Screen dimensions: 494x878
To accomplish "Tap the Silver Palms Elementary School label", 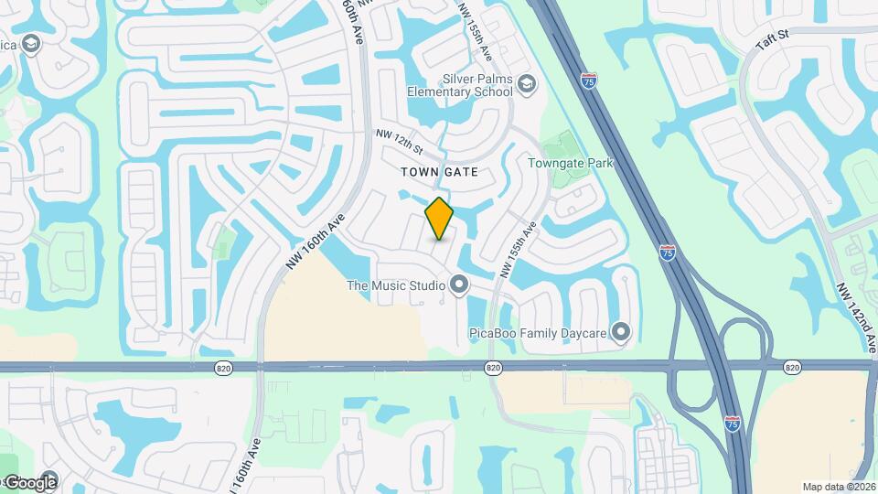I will point(459,85).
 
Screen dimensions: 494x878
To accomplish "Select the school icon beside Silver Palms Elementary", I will point(527,85).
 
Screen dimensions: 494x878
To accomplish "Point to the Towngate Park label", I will point(570,164).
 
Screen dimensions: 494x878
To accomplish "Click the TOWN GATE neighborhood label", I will point(439,171).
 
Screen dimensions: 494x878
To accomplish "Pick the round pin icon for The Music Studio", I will point(458,286).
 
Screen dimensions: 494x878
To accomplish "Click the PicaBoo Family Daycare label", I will point(538,332).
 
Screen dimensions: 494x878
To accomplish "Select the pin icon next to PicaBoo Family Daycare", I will point(622,331).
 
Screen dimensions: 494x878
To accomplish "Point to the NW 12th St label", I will point(400,141).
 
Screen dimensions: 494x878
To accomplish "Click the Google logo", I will point(29,482).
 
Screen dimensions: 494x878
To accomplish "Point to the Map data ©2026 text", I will point(838,487).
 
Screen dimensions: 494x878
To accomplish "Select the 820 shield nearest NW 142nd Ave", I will point(792,367).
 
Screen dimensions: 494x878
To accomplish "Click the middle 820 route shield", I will point(493,367).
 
